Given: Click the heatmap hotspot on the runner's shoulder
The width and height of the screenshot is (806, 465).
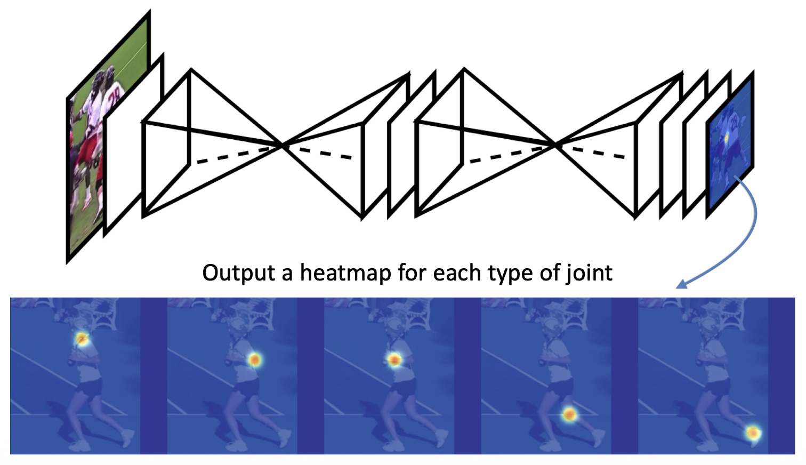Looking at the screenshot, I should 82,338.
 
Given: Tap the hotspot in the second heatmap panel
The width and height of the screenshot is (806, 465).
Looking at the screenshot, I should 255,360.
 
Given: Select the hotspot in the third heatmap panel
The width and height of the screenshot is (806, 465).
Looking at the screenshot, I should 394,360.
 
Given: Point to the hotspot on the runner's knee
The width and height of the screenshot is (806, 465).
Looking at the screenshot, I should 569,414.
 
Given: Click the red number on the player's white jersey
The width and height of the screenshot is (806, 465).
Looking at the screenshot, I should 114,96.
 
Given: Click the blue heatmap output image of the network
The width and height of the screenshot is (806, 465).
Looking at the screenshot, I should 730,144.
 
